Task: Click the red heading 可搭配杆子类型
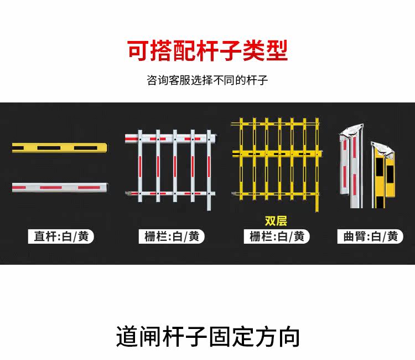click(207, 50)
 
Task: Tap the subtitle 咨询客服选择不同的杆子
click(207, 80)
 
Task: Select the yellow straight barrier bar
click(60, 148)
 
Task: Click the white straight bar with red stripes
click(60, 187)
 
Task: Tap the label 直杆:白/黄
click(61, 236)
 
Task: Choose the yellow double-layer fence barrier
click(277, 164)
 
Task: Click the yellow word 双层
click(276, 221)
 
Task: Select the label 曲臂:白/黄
click(370, 236)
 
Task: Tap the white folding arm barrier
click(351, 166)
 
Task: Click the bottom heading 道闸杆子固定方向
click(207, 336)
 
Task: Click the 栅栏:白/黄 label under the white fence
click(172, 236)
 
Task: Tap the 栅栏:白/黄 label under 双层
click(277, 236)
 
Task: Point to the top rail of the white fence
click(171, 138)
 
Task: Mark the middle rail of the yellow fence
click(277, 153)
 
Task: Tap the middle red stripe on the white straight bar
click(51, 188)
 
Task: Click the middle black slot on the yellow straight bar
click(49, 148)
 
